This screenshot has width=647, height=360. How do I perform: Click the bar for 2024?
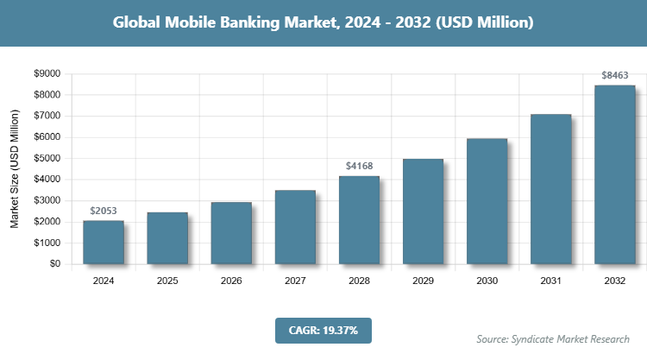[x=104, y=243]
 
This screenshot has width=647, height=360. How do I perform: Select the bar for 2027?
[x=295, y=227]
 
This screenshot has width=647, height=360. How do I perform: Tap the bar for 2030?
[x=487, y=201]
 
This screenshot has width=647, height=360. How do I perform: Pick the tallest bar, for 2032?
[x=614, y=174]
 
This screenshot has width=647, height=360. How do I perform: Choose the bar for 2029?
[x=423, y=212]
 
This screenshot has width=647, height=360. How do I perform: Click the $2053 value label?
[x=104, y=211]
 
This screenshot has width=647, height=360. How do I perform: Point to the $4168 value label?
[x=359, y=166]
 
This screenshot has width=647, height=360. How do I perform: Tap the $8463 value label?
[x=614, y=75]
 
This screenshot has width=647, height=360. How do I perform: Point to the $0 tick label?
[x=53, y=264]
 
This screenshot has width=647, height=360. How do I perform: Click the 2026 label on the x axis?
[x=231, y=281]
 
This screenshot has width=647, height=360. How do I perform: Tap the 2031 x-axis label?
[x=550, y=281]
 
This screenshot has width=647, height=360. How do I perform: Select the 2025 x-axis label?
[x=167, y=281]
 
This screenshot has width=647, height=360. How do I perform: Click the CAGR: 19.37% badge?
[x=323, y=330]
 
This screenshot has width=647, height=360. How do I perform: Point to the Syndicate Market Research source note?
[x=553, y=338]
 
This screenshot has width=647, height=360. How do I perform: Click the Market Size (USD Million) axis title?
[x=15, y=169]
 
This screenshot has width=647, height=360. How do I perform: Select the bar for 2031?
[x=550, y=189]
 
